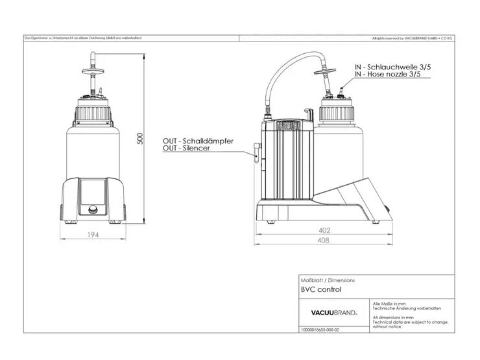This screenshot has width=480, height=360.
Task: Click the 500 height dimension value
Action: pyautogui.click(x=139, y=139)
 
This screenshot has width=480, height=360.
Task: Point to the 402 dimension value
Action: pyautogui.click(x=324, y=230)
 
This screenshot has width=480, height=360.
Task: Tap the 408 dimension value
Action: pyautogui.click(x=324, y=241)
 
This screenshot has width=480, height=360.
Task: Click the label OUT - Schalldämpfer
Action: pyautogui.click(x=198, y=141)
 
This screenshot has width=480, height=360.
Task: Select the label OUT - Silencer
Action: pyautogui.click(x=186, y=149)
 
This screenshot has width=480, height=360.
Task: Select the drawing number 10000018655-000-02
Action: pyautogui.click(x=320, y=330)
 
